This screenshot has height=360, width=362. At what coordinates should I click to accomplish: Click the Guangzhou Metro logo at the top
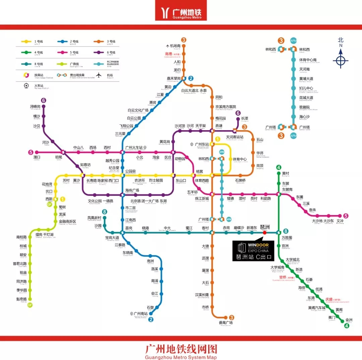pyautogui.click(x=181, y=12)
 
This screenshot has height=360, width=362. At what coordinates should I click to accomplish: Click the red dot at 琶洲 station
pyautogui.click(x=264, y=232)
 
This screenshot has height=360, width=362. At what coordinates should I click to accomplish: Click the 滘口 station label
pyautogui.click(x=37, y=157)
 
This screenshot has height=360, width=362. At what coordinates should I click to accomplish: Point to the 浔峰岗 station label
pyautogui.click(x=35, y=107)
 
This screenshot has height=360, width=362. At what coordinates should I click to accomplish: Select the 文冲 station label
pyautogui.click(x=340, y=221)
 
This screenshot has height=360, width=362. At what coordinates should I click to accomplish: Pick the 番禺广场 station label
pyautogui.click(x=226, y=323)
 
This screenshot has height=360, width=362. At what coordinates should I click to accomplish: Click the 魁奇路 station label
pyautogui.click(x=21, y=299)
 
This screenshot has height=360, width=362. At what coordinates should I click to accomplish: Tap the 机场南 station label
pyautogui.click(x=175, y=46)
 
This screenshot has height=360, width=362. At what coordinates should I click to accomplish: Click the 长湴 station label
pyautogui.click(x=244, y=118)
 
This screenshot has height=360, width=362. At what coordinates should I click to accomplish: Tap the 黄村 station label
pyautogui.click(x=285, y=173)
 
